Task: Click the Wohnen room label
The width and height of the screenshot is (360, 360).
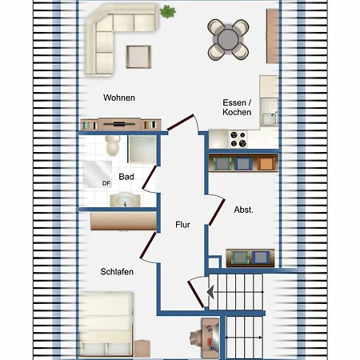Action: [x=119, y=98]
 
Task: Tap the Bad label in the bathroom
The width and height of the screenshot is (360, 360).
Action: [x=126, y=177]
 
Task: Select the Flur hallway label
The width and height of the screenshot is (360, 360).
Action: [x=182, y=225]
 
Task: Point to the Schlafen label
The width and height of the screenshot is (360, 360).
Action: [x=117, y=271]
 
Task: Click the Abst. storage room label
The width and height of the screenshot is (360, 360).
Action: [x=243, y=210]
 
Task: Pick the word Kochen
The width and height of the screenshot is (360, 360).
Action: [x=237, y=112]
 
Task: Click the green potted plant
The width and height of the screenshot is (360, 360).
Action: [x=168, y=12]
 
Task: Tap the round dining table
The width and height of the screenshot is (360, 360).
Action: [x=228, y=39]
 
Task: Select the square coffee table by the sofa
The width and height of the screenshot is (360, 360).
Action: [x=138, y=57]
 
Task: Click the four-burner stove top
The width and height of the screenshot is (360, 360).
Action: [x=238, y=139]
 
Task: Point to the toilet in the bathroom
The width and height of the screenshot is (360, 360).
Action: [x=113, y=145]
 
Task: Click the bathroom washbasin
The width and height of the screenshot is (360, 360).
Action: [x=125, y=199]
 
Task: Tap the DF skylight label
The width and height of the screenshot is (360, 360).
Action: [x=106, y=183]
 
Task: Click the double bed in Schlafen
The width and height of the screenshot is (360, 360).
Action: [x=106, y=324]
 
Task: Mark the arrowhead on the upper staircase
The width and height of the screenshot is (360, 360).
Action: [x=210, y=292]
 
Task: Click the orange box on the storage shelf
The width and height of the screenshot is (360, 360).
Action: [x=266, y=163]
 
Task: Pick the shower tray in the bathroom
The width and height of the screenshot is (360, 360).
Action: [x=142, y=150]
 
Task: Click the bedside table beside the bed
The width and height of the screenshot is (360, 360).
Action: [x=142, y=349]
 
